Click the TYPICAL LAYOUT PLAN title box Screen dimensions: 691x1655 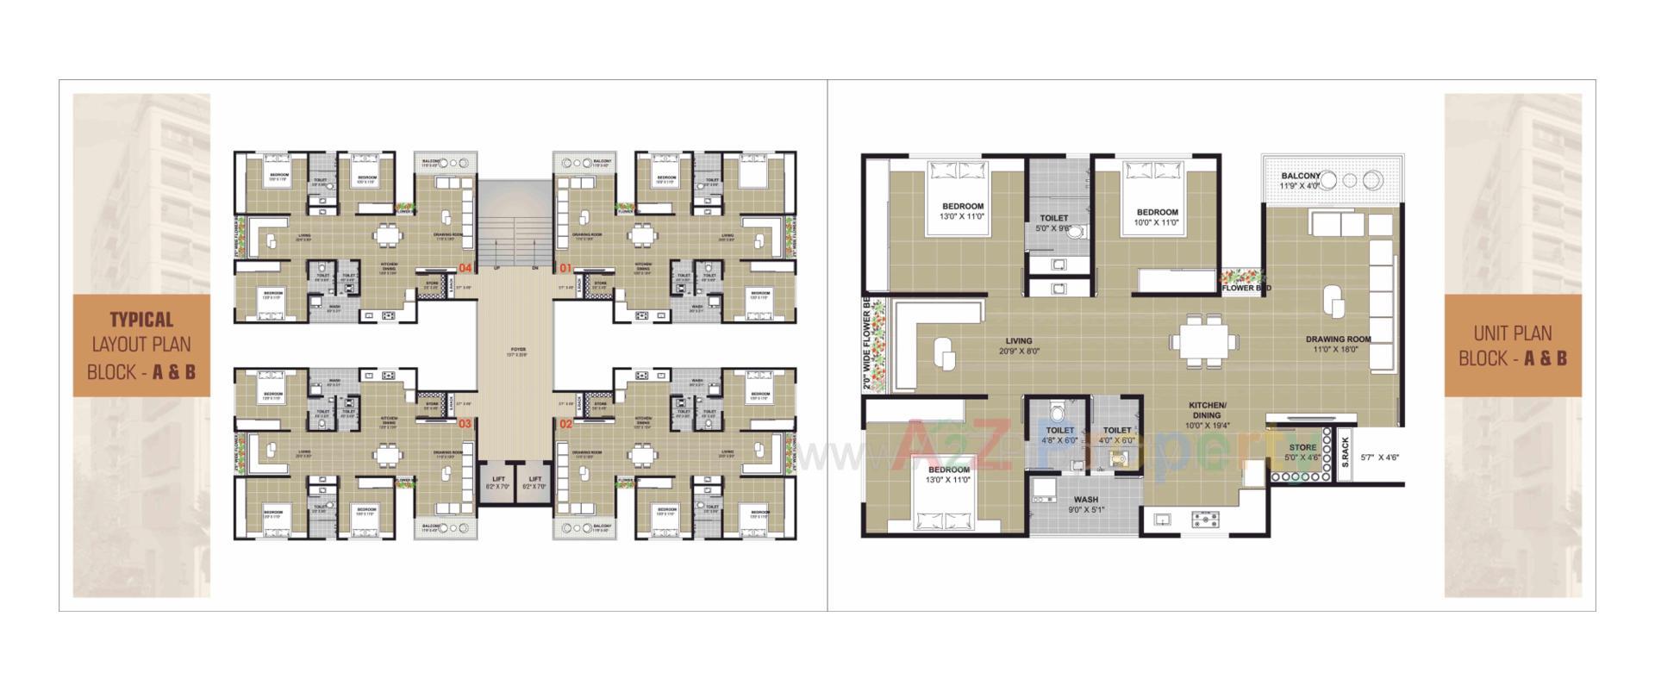click(141, 345)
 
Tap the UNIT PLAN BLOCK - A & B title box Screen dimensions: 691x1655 click(1513, 345)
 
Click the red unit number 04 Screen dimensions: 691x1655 click(466, 267)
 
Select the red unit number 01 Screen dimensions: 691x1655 click(565, 267)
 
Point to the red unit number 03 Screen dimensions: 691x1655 click(465, 423)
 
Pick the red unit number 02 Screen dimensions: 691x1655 click(565, 423)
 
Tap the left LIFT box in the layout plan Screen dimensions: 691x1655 click(498, 483)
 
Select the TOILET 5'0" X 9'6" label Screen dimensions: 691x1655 click(1053, 223)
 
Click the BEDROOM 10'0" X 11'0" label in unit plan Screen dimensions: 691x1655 click(1157, 217)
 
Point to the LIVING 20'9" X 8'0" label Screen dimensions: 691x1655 click(1018, 345)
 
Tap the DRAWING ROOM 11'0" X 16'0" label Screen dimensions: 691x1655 click(1337, 344)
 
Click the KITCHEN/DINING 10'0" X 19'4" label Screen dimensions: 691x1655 click(1207, 414)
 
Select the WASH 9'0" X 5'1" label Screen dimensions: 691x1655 click(1085, 504)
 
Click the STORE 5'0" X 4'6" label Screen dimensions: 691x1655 click(1302, 452)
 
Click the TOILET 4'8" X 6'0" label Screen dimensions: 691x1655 click(1059, 435)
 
